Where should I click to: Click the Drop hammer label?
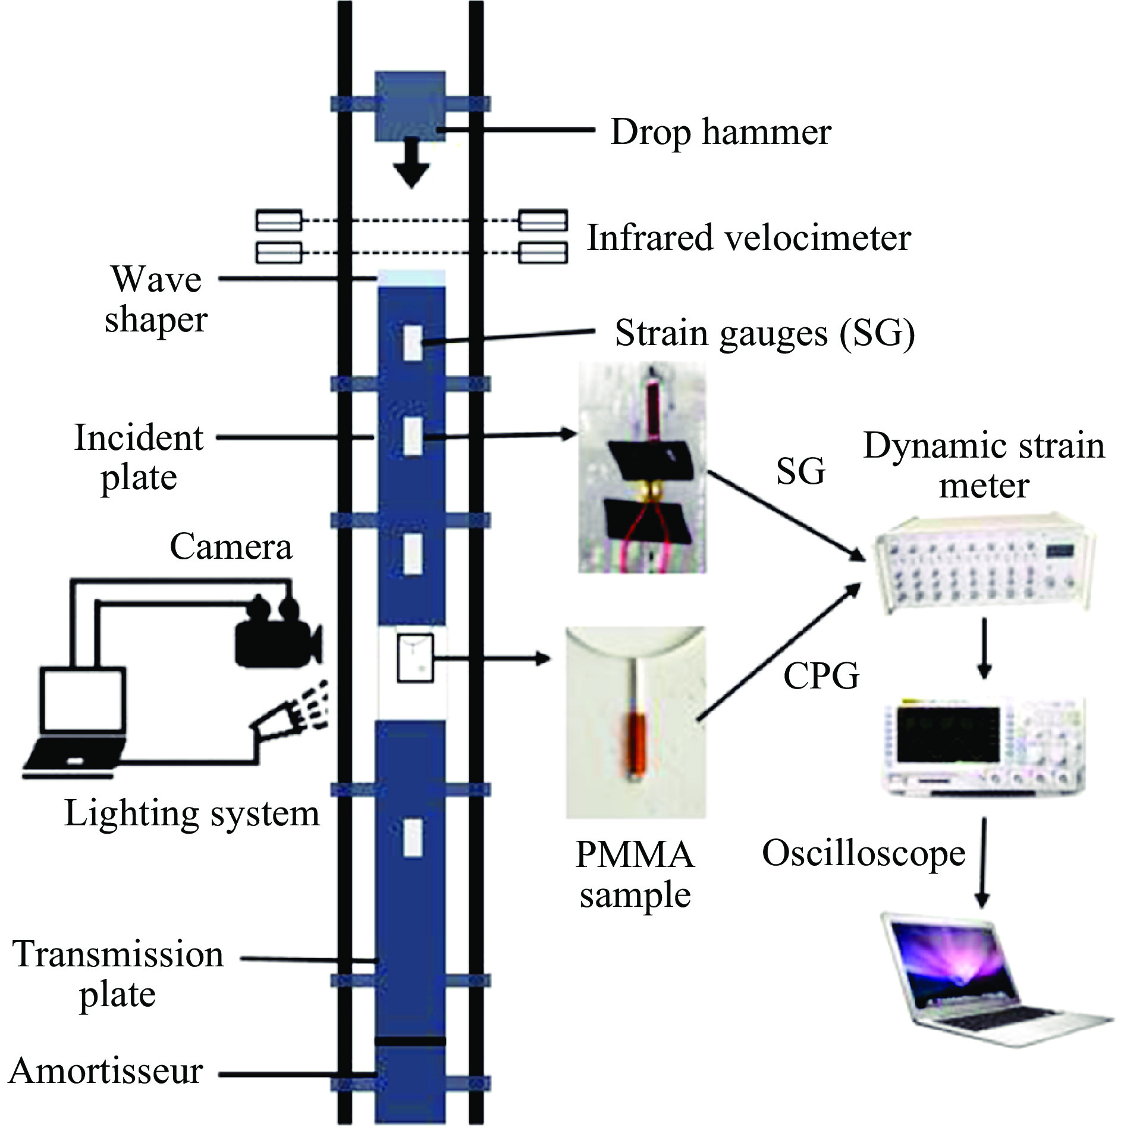pos(720,132)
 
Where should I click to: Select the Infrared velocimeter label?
pos(749,238)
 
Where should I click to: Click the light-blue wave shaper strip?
pos(412,277)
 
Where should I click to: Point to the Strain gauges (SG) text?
pos(765,333)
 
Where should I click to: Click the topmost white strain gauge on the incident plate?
pos(413,343)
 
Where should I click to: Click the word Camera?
pos(231,547)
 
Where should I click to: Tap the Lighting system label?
pos(191,813)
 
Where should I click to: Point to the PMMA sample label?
pos(635,875)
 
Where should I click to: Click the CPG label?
pos(821,676)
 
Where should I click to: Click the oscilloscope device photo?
pos(984,746)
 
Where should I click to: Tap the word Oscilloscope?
pos(864,853)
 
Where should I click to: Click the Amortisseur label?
pos(106,1071)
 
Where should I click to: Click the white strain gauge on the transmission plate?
pos(413,837)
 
